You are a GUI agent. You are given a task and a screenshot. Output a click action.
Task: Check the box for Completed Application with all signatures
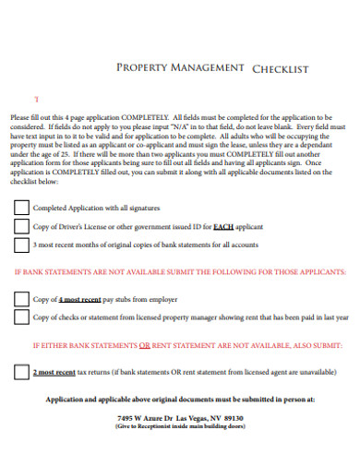click(x=21, y=208)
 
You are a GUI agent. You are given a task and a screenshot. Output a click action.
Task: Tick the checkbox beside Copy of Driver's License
click(x=21, y=226)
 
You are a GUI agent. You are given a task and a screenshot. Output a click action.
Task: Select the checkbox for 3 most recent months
click(x=21, y=245)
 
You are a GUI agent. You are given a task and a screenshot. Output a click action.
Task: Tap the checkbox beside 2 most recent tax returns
click(x=21, y=372)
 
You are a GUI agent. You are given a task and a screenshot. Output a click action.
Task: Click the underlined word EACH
click(x=224, y=227)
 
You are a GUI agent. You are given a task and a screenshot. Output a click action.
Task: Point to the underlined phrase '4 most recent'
click(x=79, y=300)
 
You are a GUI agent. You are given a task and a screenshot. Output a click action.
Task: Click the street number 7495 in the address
click(x=127, y=417)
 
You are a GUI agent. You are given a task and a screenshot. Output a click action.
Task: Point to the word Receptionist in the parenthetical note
click(x=166, y=426)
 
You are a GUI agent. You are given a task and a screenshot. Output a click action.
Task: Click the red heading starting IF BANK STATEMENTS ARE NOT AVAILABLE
click(x=180, y=272)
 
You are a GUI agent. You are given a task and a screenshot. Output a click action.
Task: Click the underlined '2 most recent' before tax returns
click(x=54, y=372)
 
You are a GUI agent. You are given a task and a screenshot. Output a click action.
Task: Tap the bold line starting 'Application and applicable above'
click(x=180, y=400)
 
